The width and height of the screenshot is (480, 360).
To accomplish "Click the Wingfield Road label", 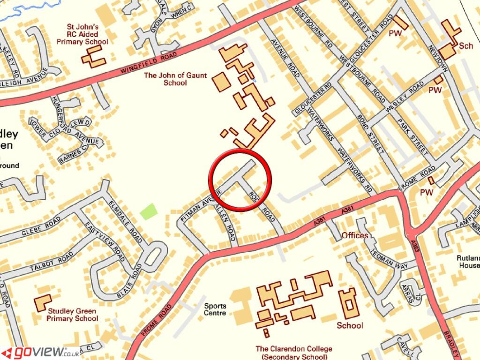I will point(149,63).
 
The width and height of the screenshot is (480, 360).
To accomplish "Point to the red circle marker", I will point(240,180).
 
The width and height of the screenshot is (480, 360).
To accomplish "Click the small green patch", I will point(149,212).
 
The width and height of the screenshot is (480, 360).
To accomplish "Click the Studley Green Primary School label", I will point(72,315).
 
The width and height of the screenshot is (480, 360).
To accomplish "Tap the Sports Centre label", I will point(215,309).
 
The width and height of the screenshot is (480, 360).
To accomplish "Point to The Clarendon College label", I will point(294,352).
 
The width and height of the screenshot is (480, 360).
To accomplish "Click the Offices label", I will point(355,235).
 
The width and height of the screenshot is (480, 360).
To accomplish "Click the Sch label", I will point(466,45).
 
